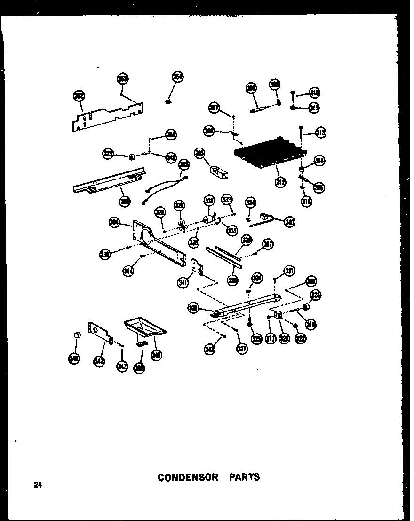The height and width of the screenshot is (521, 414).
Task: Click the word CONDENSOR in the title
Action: pos(188,477)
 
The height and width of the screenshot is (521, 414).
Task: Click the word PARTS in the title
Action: pos(244,477)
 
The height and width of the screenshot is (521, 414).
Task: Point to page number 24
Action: pos(38,485)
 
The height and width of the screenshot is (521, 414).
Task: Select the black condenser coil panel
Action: pos(270,151)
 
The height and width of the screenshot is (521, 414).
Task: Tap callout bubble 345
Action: pos(156,355)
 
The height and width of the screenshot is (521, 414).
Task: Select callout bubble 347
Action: pos(99,361)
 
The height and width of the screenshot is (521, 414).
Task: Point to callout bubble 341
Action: pos(183,282)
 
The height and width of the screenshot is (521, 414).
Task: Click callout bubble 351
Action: pos(171,135)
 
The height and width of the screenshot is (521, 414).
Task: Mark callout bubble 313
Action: pos(321,133)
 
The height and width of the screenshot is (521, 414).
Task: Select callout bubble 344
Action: pos(127,271)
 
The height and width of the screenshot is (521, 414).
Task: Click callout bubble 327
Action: pos(242,349)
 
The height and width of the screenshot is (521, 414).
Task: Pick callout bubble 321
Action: pos(289,270)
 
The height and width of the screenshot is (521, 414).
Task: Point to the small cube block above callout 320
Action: pos(278,315)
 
